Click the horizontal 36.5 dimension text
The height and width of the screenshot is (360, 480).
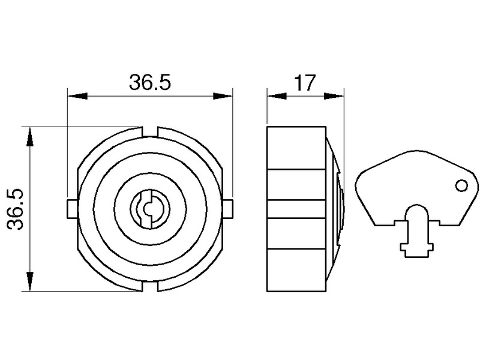click(x=149, y=82)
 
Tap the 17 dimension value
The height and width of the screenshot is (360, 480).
click(x=305, y=83)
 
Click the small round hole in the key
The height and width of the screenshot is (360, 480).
click(x=461, y=186)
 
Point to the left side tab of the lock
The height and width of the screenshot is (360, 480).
click(x=72, y=209)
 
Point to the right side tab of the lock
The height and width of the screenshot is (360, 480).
click(x=227, y=209)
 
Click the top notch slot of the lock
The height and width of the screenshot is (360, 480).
click(x=150, y=131)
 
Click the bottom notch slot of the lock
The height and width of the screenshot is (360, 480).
click(x=150, y=286)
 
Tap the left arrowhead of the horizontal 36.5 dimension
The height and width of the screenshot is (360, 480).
click(x=77, y=96)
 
